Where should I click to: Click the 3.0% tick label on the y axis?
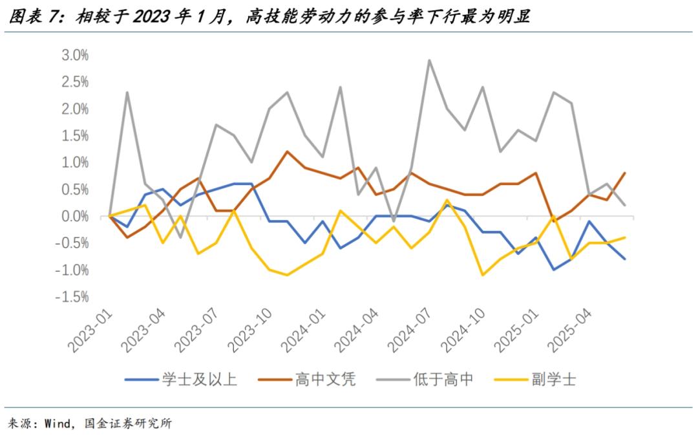(74, 55)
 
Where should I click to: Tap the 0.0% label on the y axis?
(74, 216)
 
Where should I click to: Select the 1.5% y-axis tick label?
(74, 135)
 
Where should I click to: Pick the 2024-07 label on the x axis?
(410, 331)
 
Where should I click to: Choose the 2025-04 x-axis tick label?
(571, 331)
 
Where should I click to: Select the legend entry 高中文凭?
(325, 379)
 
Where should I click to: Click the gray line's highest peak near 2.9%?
(430, 60)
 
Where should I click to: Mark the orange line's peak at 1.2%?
(287, 151)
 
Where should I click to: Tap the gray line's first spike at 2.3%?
(127, 92)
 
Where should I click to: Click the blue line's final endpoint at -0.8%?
(624, 259)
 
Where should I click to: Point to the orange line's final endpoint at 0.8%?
(624, 173)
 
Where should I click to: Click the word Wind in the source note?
(58, 424)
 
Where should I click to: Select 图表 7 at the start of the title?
(36, 17)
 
